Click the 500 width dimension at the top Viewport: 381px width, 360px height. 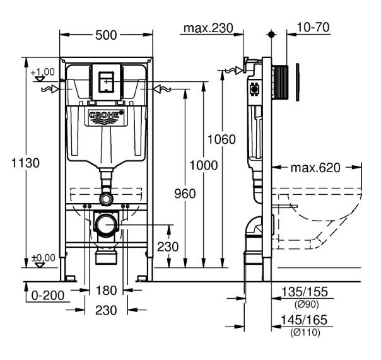[x=106, y=36]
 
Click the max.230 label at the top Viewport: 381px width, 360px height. [x=208, y=28]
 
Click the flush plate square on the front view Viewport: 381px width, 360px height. [x=105, y=80]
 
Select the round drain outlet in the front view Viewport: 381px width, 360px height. [x=106, y=224]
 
